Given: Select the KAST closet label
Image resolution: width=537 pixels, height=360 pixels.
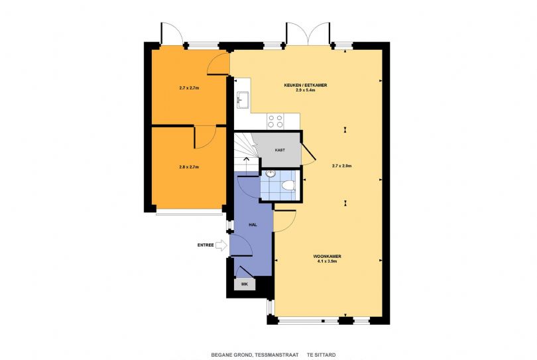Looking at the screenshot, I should [x=280, y=150].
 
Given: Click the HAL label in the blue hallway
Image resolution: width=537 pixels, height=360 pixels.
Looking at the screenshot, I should [x=253, y=225].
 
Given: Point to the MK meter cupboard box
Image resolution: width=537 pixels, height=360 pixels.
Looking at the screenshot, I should [x=245, y=284].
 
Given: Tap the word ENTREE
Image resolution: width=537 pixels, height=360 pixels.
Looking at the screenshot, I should [x=206, y=245].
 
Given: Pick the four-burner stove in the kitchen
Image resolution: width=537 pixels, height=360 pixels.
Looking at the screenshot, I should [x=274, y=121].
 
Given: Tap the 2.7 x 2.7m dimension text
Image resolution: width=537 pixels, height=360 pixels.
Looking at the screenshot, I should [x=189, y=88].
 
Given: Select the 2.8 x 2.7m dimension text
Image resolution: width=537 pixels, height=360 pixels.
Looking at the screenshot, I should [x=189, y=167].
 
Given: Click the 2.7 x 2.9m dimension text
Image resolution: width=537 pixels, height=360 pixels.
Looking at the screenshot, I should [x=343, y=166].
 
